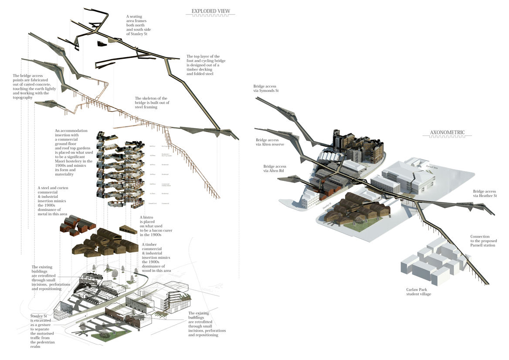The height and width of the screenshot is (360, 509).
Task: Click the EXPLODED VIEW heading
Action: (211, 11)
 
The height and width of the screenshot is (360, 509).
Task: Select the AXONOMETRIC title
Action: (447, 132)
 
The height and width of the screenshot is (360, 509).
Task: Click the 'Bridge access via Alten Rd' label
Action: (275, 169)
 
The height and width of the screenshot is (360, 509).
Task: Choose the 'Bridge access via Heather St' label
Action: (484, 194)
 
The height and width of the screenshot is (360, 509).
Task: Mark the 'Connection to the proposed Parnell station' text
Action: (483, 241)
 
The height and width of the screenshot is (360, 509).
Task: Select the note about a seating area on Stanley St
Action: (138, 25)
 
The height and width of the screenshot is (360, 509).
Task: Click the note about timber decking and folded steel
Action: (206, 65)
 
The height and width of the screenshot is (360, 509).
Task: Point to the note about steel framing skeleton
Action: (152, 102)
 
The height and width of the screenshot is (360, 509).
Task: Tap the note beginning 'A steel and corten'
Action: (53, 200)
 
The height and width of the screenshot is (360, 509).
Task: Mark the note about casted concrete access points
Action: (32, 86)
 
